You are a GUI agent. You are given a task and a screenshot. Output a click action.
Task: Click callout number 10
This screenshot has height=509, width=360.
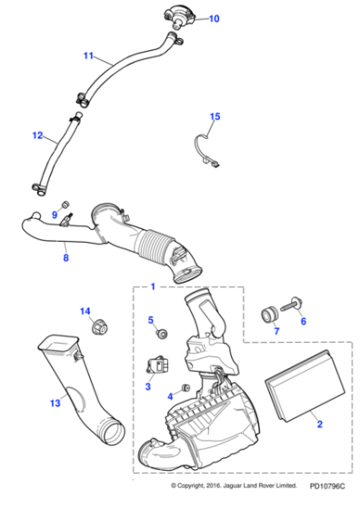pos(215,18)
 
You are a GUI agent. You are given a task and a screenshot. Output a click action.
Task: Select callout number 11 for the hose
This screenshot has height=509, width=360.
pos(88,56)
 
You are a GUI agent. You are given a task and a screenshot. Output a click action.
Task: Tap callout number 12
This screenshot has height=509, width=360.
pos(37,135)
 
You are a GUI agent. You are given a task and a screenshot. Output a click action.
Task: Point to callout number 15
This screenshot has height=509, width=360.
pos(215,116)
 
